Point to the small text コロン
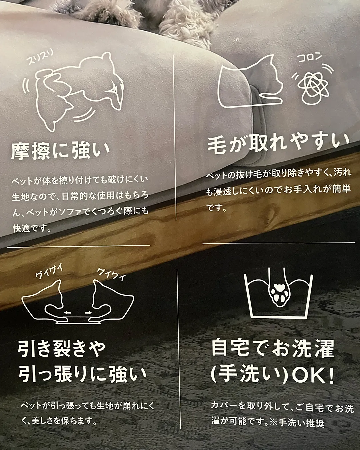pyautogui.click(x=309, y=58)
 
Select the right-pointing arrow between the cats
pyautogui.click(x=88, y=313)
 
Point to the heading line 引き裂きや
pyautogui.click(x=62, y=349)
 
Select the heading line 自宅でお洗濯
pyautogui.click(x=273, y=348)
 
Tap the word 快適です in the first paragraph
pyautogui.click(x=32, y=229)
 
